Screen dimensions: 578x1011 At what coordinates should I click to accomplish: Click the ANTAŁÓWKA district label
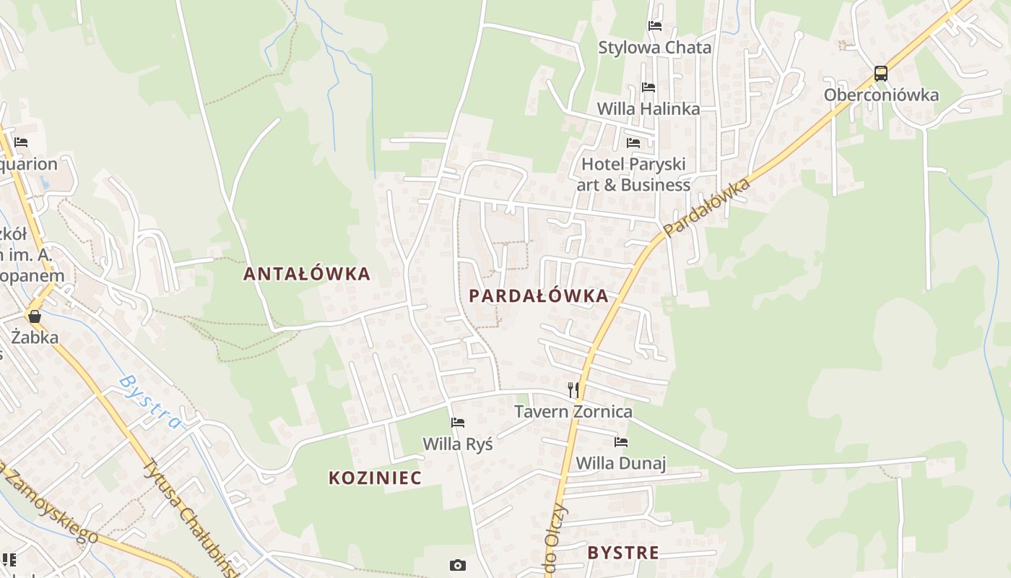click(306, 274)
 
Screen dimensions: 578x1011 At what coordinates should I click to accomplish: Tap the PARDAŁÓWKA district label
click(538, 296)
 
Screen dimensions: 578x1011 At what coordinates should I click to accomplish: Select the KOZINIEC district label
click(375, 478)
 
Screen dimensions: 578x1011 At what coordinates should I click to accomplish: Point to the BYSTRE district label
click(622, 553)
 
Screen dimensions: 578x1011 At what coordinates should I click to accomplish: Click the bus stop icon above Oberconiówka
click(880, 73)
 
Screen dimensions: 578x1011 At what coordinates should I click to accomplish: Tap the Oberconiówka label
click(881, 95)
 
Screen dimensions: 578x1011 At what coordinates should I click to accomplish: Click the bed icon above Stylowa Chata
click(655, 26)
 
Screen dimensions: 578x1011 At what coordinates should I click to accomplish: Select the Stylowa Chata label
click(654, 48)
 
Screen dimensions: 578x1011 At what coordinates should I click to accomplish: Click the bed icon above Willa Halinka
click(648, 87)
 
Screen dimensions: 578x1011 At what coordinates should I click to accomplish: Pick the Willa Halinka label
click(648, 109)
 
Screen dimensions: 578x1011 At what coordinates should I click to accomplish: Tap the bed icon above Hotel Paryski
click(633, 142)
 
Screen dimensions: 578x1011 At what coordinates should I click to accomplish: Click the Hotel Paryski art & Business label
click(633, 174)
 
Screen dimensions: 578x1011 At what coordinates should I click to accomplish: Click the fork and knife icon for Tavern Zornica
click(573, 390)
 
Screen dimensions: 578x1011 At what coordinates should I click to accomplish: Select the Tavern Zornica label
click(573, 412)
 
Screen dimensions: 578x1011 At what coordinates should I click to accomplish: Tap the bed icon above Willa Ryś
click(458, 423)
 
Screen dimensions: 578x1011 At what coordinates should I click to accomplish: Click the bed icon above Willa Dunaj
click(621, 442)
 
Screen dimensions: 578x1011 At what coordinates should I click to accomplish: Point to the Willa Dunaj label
click(620, 463)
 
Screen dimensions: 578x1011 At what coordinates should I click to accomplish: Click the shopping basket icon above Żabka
click(34, 316)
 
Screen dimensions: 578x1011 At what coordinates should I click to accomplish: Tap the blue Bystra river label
click(149, 401)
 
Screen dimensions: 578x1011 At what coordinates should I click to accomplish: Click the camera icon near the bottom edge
click(457, 565)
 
